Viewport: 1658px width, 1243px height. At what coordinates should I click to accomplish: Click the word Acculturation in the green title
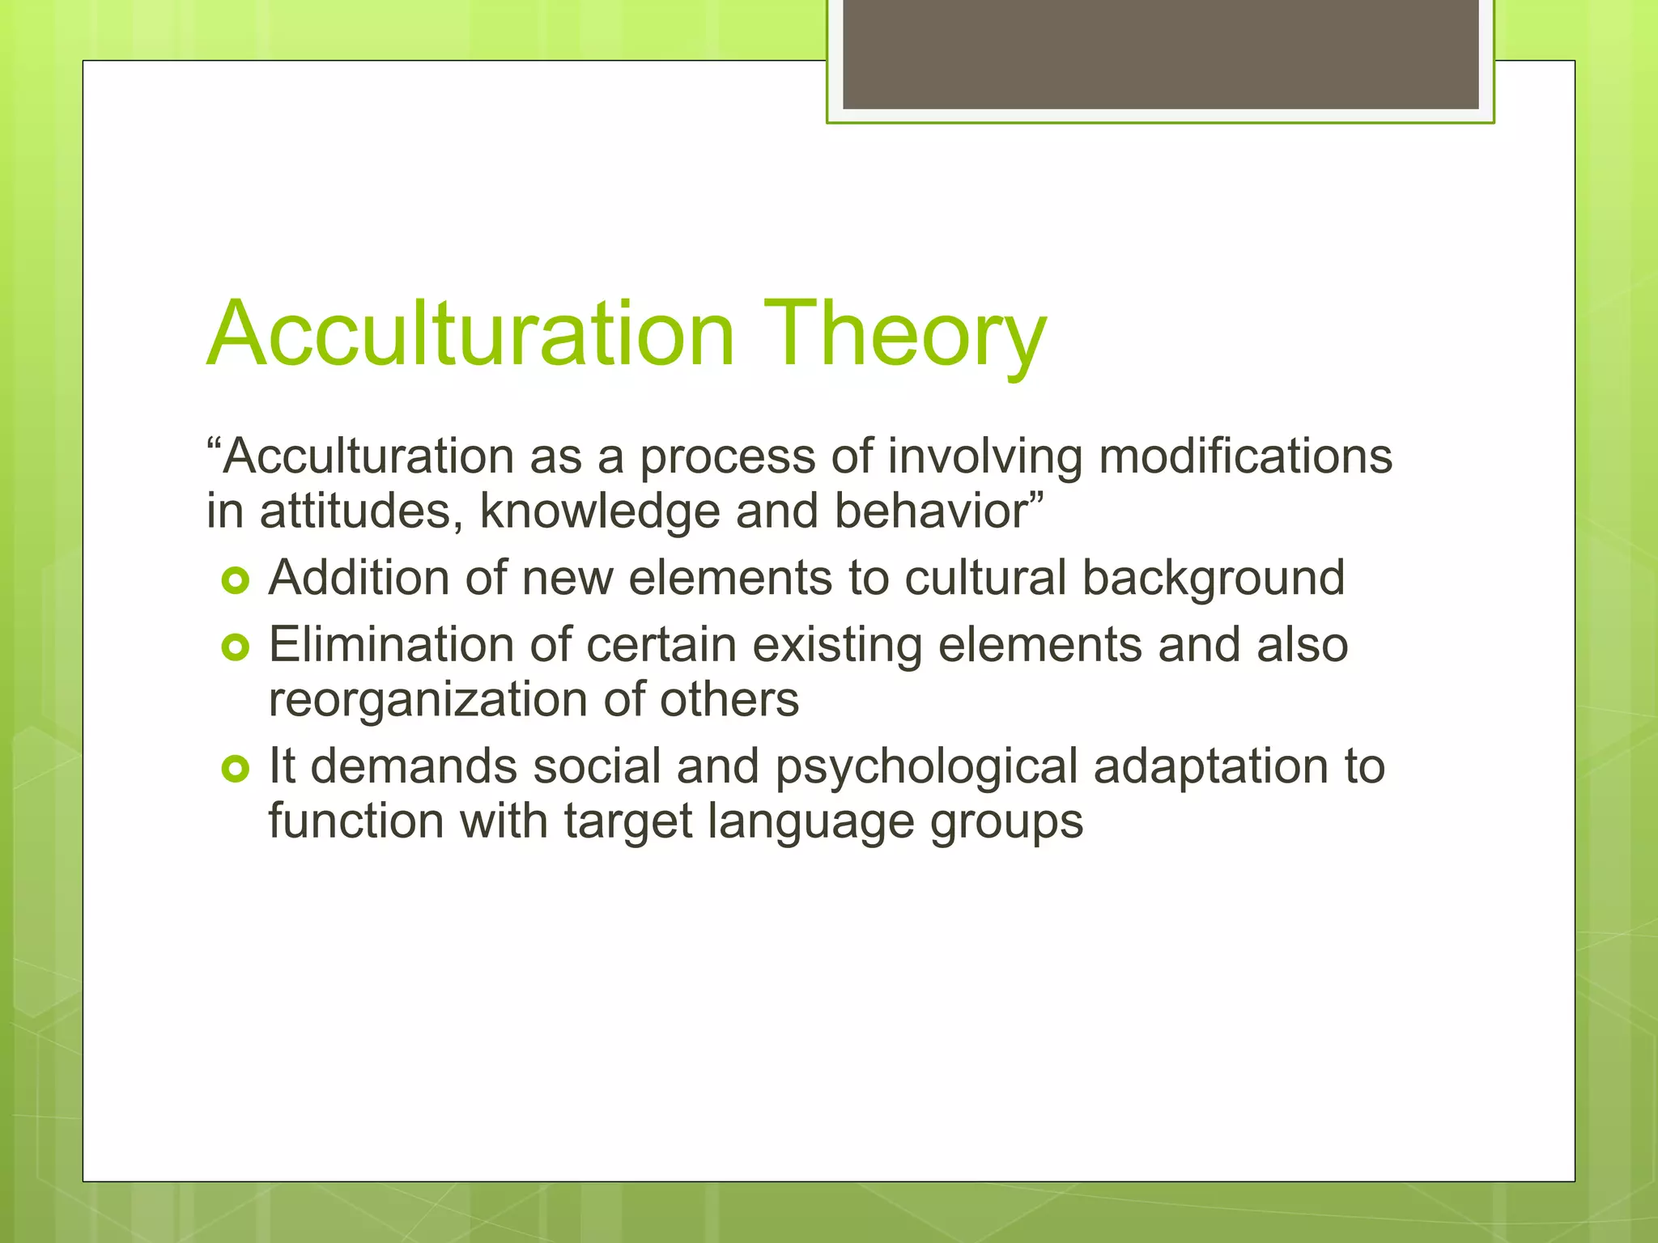pyautogui.click(x=471, y=334)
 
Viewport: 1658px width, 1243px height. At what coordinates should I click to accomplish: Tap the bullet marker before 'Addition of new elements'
pyautogui.click(x=235, y=580)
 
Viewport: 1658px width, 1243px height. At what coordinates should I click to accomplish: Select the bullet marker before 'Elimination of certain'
pyautogui.click(x=235, y=647)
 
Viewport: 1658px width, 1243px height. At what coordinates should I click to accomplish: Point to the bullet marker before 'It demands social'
pyautogui.click(x=235, y=769)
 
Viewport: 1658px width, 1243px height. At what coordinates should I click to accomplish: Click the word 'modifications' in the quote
pyautogui.click(x=1245, y=456)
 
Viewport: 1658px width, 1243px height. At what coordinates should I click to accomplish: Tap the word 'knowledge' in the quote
pyautogui.click(x=599, y=511)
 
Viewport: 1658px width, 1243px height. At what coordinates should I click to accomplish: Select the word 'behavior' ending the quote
pyautogui.click(x=931, y=511)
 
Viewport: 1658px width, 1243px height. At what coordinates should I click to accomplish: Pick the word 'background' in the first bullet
pyautogui.click(x=1213, y=579)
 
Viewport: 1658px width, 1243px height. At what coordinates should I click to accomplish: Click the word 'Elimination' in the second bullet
pyautogui.click(x=391, y=646)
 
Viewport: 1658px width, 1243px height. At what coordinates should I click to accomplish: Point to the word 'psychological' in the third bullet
pyautogui.click(x=926, y=767)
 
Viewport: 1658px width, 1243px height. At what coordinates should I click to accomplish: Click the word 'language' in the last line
pyautogui.click(x=810, y=822)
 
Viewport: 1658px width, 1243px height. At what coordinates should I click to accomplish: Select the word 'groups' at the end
pyautogui.click(x=1006, y=822)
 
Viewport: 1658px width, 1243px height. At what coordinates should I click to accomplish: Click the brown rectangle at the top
pyautogui.click(x=1160, y=54)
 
